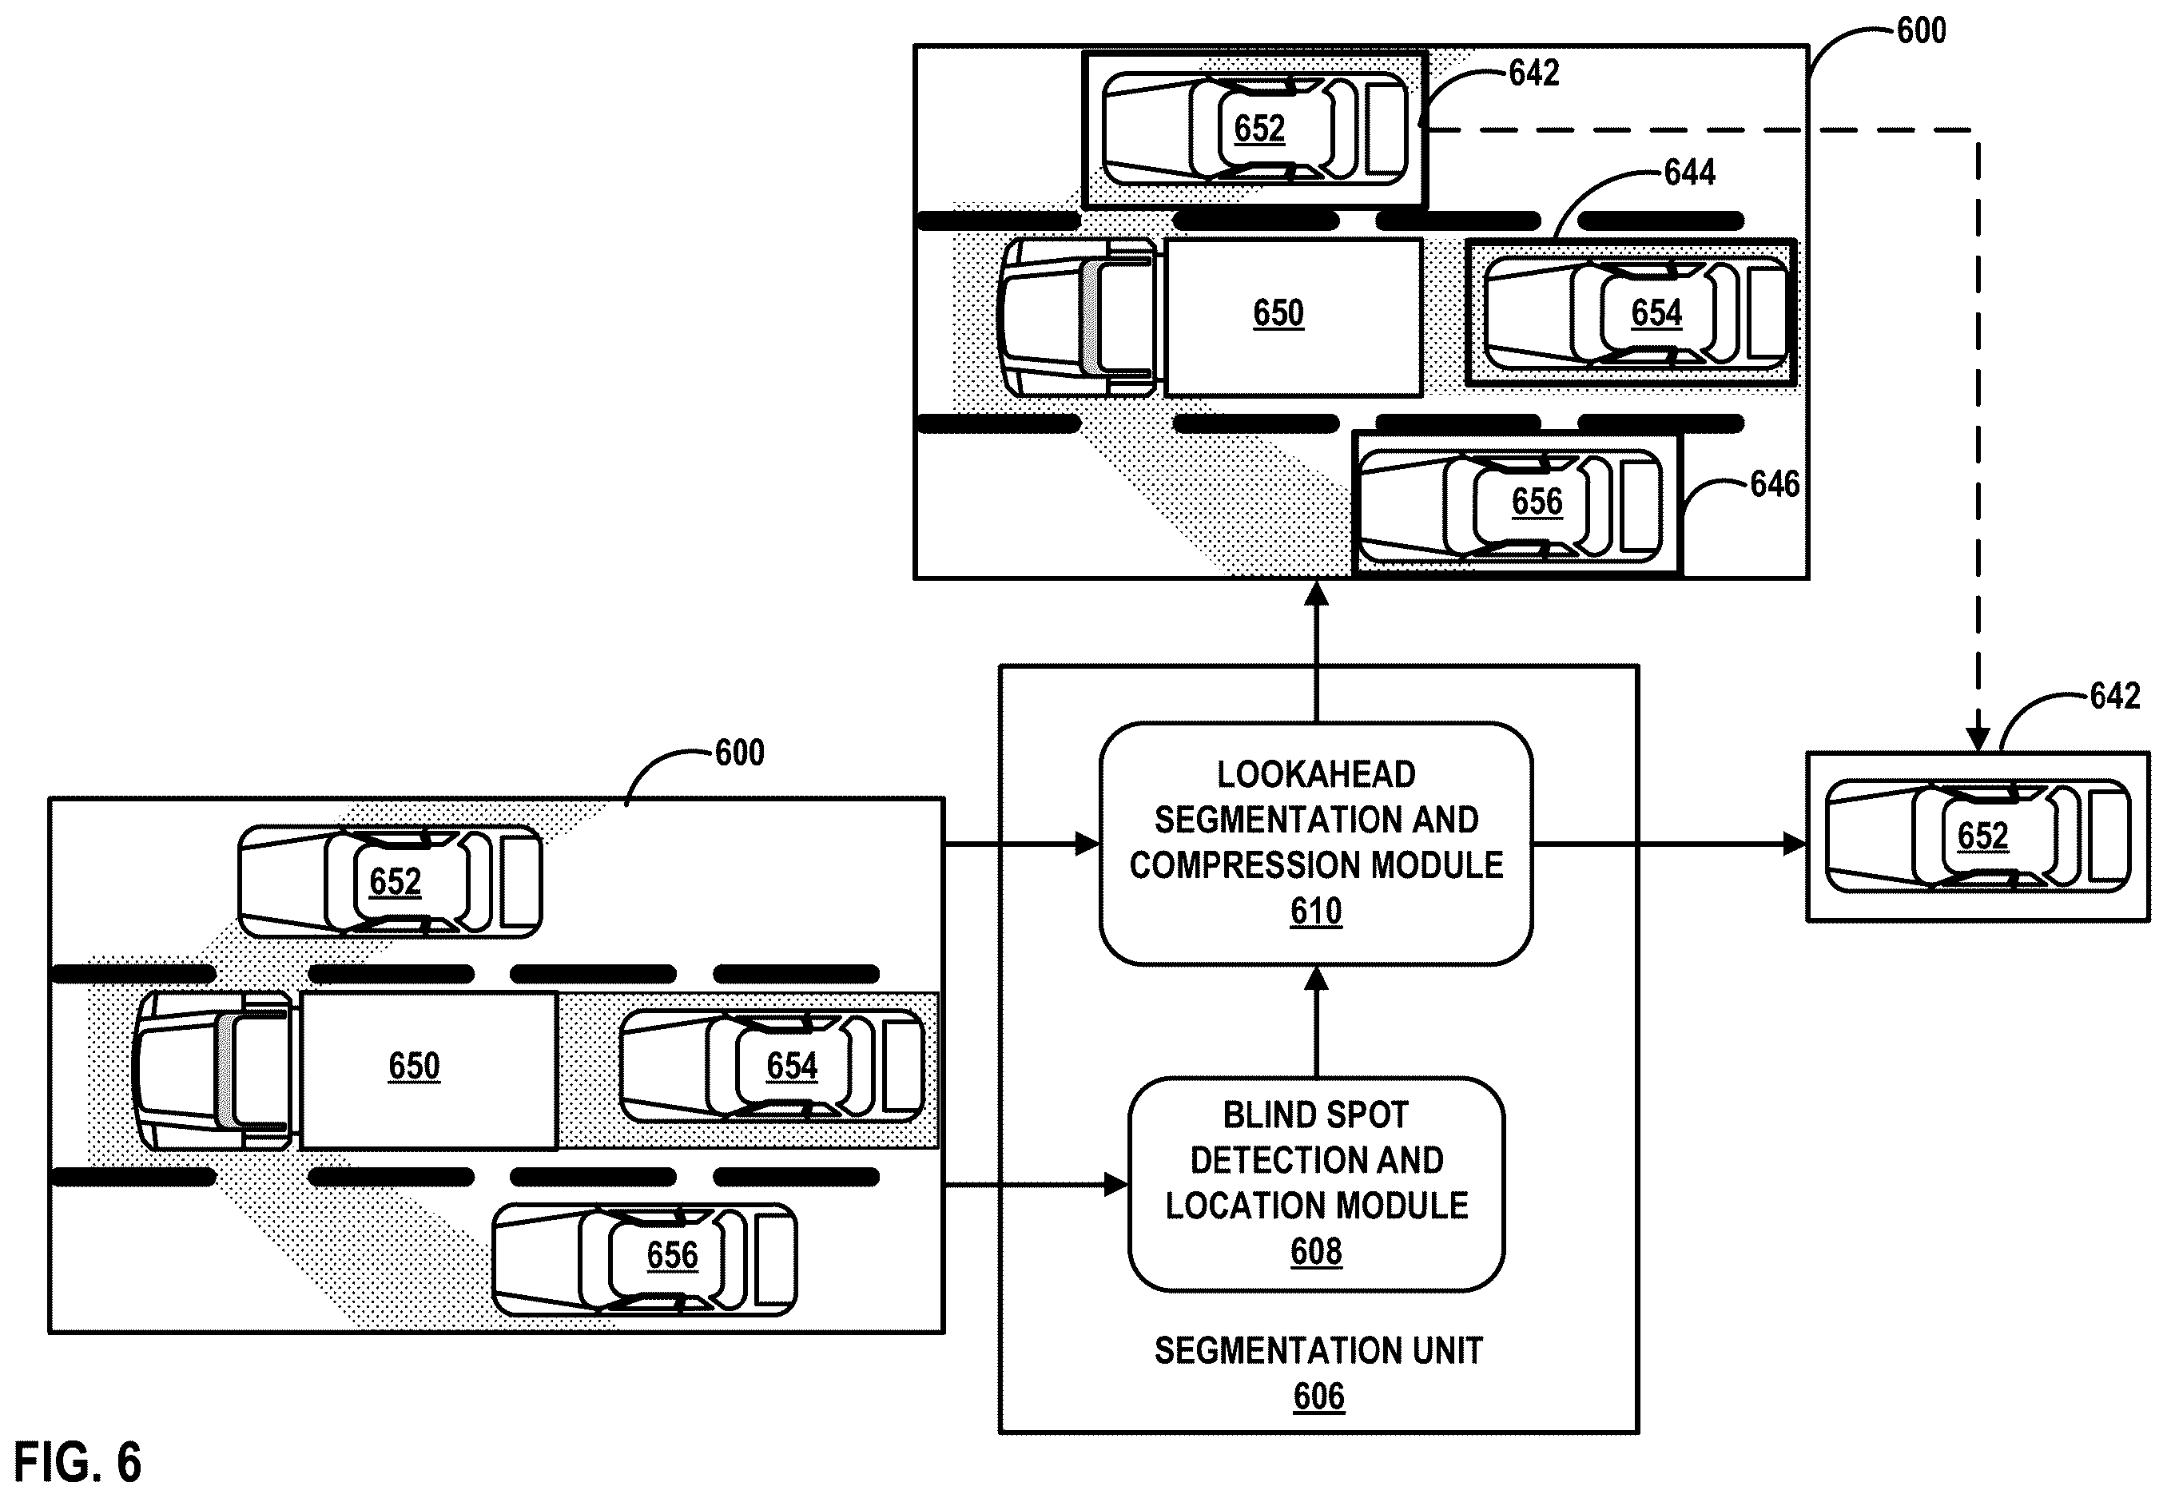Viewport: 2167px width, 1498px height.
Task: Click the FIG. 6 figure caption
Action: [x=78, y=1461]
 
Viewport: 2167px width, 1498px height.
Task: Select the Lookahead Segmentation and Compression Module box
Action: [x=1316, y=843]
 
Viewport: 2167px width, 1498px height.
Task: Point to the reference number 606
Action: [x=1318, y=1397]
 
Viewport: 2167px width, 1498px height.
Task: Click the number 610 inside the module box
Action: [x=1316, y=911]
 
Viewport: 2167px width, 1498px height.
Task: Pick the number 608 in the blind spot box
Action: [x=1316, y=1251]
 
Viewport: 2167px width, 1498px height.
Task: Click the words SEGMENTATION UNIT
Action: [x=1318, y=1351]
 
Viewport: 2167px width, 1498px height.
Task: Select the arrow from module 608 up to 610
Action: [x=1317, y=1021]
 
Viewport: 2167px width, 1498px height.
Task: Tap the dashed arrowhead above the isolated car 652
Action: [x=1978, y=739]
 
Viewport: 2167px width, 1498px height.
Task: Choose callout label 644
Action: [x=1689, y=172]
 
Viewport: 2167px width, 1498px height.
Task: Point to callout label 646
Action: [x=1775, y=484]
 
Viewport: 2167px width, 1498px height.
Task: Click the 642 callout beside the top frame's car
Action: [x=1533, y=72]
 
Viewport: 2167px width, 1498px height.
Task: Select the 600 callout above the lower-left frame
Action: [x=740, y=752]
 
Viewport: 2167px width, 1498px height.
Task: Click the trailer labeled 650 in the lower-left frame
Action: [x=428, y=1069]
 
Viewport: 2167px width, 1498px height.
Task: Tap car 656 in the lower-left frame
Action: [x=645, y=1258]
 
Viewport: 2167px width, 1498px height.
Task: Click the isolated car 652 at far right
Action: [x=1978, y=836]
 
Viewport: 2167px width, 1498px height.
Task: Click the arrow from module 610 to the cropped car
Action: [x=1669, y=844]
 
